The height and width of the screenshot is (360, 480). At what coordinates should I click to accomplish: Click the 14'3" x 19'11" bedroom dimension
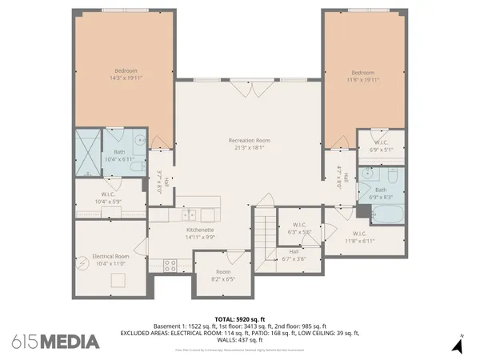[x=125, y=78]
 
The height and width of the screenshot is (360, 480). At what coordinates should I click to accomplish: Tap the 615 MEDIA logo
[x=56, y=342]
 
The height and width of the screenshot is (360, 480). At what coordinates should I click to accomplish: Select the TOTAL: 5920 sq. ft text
[x=239, y=318]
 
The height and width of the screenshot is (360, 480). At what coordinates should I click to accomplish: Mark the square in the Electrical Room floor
[x=119, y=279]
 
